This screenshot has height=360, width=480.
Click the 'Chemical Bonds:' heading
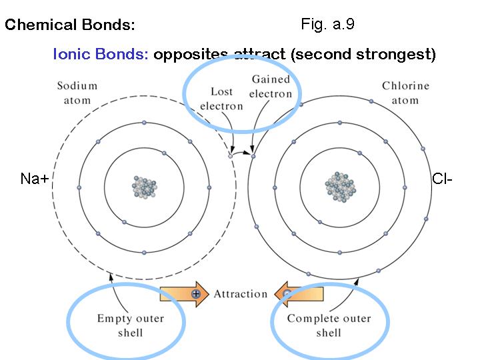(70, 26)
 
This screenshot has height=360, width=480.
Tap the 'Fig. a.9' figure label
(327, 25)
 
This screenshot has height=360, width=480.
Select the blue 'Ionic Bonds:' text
(101, 54)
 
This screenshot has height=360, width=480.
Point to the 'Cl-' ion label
(442, 179)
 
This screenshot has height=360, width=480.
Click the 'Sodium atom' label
(77, 93)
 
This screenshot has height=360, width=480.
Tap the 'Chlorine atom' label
(405, 93)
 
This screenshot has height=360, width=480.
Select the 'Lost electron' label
(221, 99)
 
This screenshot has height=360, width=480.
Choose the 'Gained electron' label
(271, 87)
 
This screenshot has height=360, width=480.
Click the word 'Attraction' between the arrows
(241, 294)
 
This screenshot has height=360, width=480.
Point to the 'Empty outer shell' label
(130, 325)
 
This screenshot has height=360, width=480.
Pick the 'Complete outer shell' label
(328, 325)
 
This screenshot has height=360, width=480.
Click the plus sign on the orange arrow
(195, 293)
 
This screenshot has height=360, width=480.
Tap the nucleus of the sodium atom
(144, 186)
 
